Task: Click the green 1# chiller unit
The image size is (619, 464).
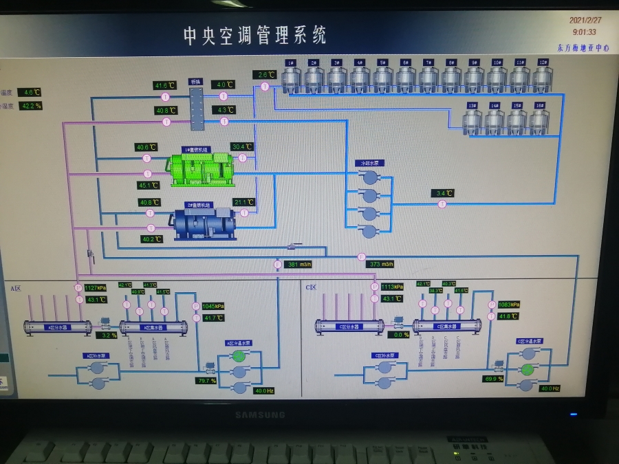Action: pos(202,167)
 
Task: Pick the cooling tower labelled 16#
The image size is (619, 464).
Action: pos(539,121)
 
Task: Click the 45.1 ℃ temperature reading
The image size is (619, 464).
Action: pos(149,185)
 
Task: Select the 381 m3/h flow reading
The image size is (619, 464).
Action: pos(299,265)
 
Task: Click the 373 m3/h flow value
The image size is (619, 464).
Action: pos(381,265)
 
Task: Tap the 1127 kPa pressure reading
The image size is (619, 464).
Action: pos(96,288)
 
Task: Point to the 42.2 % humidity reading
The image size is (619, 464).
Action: pos(30,106)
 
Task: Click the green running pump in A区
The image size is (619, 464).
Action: pos(239,356)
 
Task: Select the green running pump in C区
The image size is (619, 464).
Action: pos(527,370)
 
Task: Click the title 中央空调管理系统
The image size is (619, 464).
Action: pos(254,35)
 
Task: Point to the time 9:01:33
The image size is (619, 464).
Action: pos(584,32)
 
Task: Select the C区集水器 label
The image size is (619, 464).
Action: pos(446,327)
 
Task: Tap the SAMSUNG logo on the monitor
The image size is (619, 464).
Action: pos(260,415)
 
